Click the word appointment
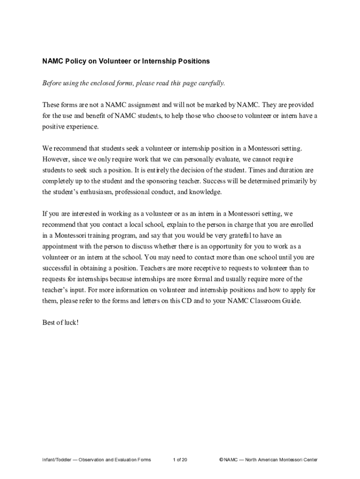tap(61, 247)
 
